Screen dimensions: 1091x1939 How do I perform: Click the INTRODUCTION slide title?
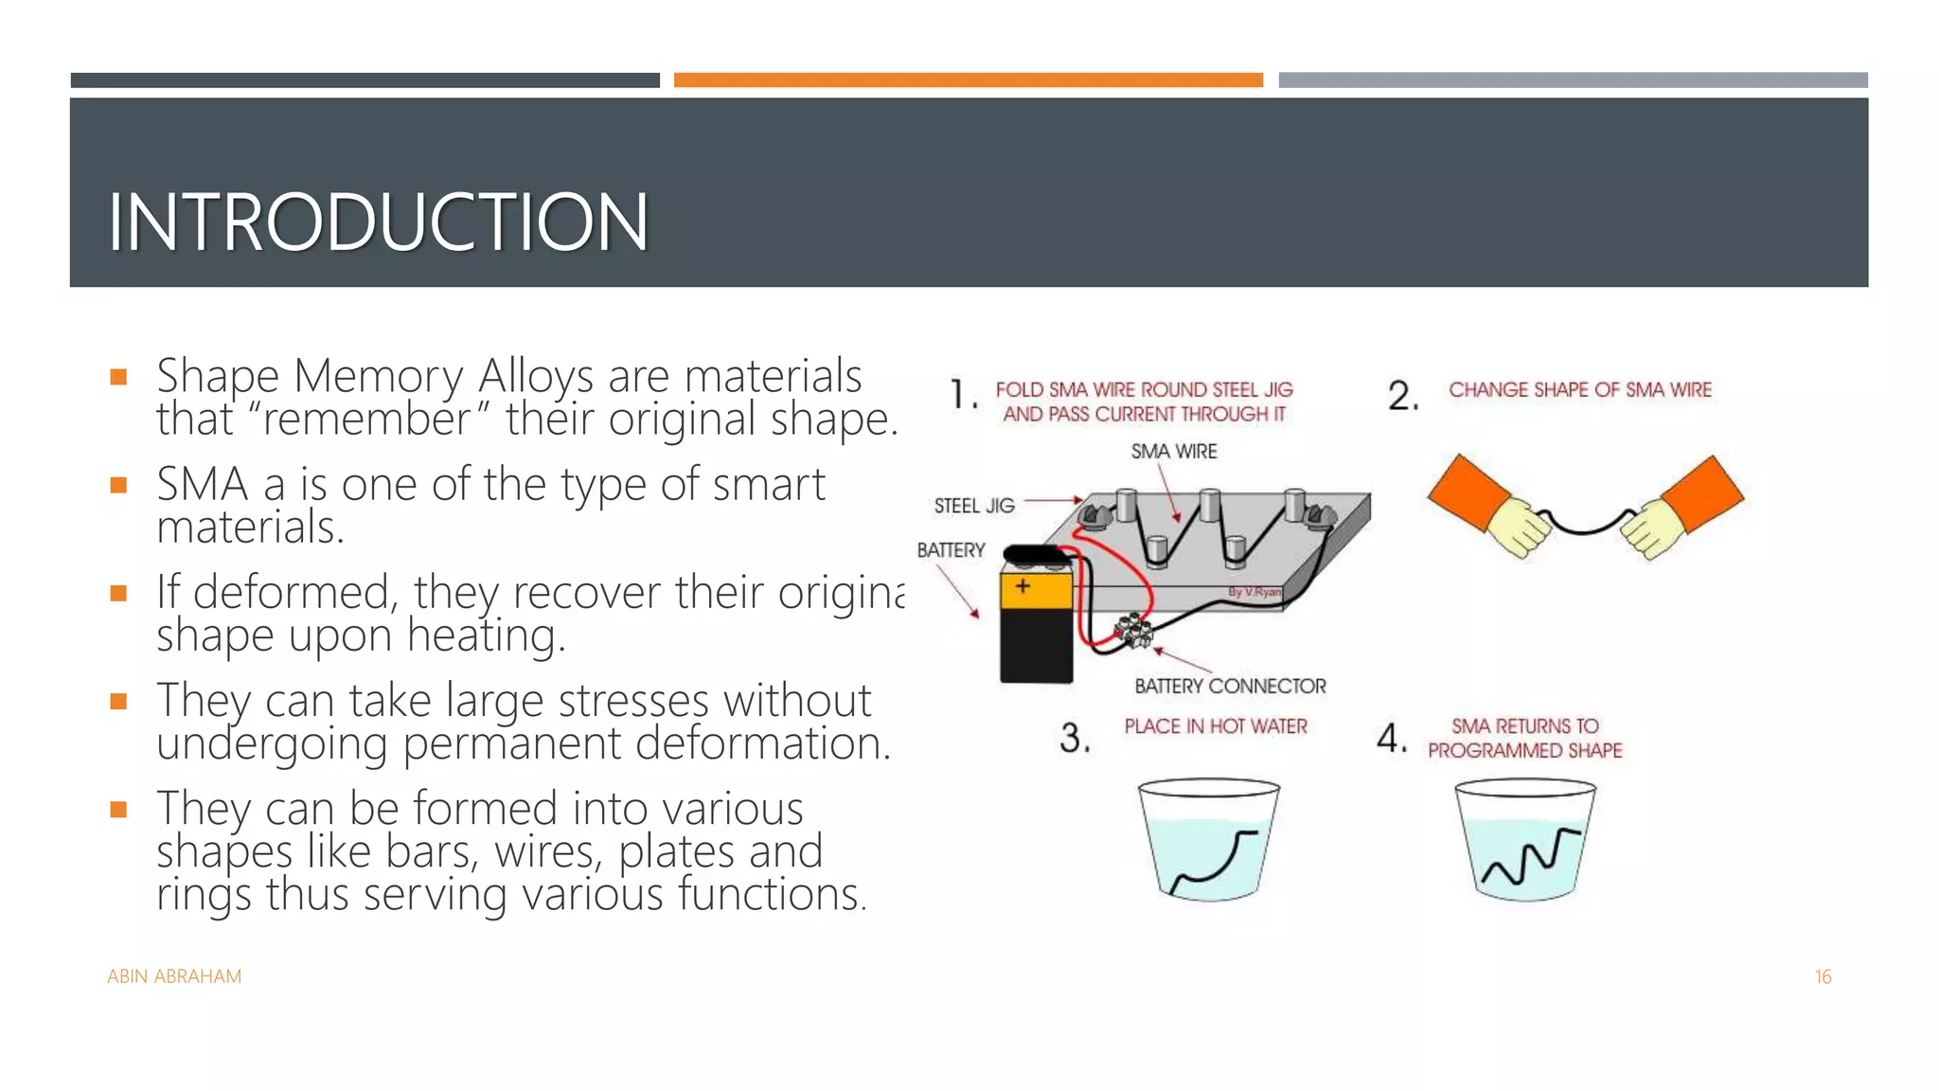click(378, 223)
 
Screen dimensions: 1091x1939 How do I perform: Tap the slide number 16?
click(1823, 976)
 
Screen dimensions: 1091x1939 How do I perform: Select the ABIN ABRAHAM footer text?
click(174, 976)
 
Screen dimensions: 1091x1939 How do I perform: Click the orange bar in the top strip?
click(968, 80)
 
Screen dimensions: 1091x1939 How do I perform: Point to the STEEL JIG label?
click(973, 506)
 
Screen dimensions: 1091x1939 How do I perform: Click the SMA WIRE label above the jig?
click(1173, 452)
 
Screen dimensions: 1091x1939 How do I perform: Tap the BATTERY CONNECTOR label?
click(1230, 686)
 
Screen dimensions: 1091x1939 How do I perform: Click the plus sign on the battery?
click(1023, 587)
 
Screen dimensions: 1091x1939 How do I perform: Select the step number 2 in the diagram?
click(1402, 396)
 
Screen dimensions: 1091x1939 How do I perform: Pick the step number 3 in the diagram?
click(1075, 738)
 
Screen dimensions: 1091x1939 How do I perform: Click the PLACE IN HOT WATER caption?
click(1215, 726)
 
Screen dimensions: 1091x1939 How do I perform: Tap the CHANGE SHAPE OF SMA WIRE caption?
click(1579, 390)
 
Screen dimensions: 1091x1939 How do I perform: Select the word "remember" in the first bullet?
click(366, 420)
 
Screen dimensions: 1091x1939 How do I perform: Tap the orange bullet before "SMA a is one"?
click(118, 486)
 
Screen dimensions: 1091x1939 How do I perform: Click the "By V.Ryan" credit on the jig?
click(1254, 592)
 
